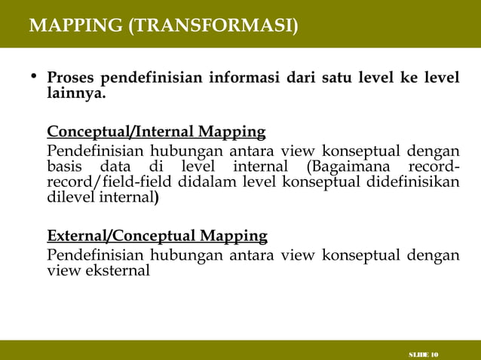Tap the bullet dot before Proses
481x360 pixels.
[x=33, y=78]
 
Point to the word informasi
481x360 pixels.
[x=245, y=78]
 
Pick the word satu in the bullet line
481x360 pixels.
[x=346, y=78]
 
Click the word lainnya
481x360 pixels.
[x=76, y=95]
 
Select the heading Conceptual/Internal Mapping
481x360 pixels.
[x=156, y=133]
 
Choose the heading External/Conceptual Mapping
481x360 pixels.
[x=157, y=236]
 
